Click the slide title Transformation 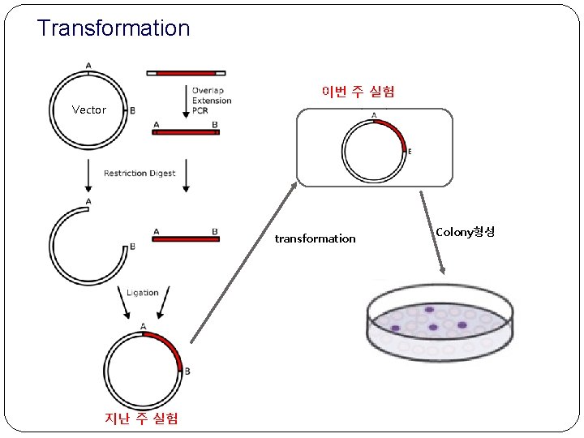pyautogui.click(x=113, y=28)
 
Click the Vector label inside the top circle pyautogui.click(x=88, y=109)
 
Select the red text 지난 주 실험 pyautogui.click(x=142, y=419)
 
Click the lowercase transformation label pyautogui.click(x=315, y=238)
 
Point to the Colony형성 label pyautogui.click(x=465, y=232)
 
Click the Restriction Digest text pyautogui.click(x=140, y=174)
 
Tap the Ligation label pyautogui.click(x=143, y=293)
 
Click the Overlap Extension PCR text pyautogui.click(x=212, y=101)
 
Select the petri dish pyautogui.click(x=440, y=322)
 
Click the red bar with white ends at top pyautogui.click(x=186, y=73)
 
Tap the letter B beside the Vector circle pyautogui.click(x=132, y=110)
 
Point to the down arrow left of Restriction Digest pyautogui.click(x=88, y=174)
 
